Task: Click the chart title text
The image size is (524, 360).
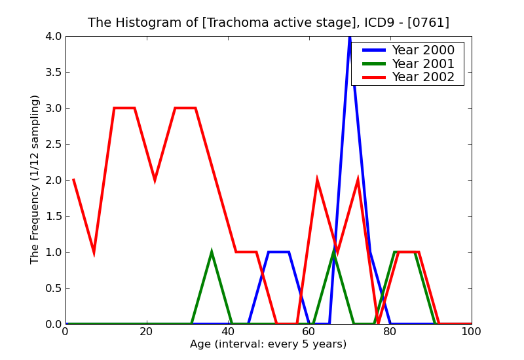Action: pos(269,22)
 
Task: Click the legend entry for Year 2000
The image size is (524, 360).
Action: pos(422,50)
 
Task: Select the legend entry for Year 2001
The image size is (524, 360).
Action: pos(422,63)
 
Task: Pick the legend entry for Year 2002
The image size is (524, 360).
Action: pos(422,77)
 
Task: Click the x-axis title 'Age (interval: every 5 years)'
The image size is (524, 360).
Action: pos(268,344)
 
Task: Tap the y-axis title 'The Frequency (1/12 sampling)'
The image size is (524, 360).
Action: pos(35,179)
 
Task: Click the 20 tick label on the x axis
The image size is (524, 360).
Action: pos(147,331)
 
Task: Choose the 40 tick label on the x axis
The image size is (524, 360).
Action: pos(228,331)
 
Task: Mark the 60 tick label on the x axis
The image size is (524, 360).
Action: pos(309,331)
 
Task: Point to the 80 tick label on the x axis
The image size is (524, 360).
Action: pos(390,331)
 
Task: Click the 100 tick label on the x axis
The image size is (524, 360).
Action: pos(472,331)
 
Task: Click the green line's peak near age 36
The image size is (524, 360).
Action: pos(212,253)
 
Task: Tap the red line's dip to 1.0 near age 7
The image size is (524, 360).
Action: pos(94,251)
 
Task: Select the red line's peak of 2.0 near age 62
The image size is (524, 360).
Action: pos(317,181)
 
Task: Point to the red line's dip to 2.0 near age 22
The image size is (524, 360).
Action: pos(155,179)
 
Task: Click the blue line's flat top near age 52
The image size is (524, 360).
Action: pos(278,252)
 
